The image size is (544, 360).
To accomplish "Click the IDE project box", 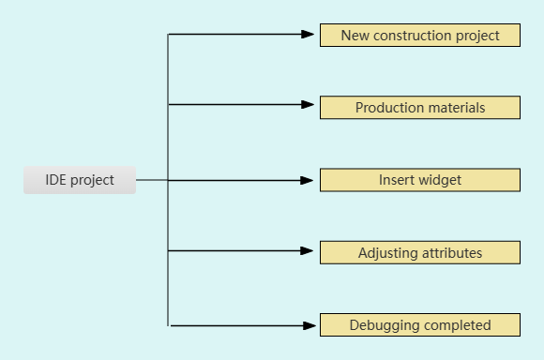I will [80, 180].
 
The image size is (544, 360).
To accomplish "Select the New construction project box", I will [419, 36].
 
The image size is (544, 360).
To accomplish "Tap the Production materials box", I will [419, 108].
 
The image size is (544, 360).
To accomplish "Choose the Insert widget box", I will [419, 180].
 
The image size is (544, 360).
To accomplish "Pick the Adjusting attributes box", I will [419, 253].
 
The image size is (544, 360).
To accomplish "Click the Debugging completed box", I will [419, 325].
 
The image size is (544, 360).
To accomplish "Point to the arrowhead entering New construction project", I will [308, 34].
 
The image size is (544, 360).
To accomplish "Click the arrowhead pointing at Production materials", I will [308, 105].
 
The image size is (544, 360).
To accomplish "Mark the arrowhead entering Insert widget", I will [308, 179].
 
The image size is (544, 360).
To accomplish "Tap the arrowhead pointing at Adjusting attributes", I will [308, 251].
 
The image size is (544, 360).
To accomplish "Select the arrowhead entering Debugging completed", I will [308, 326].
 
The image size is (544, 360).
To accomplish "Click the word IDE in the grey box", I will [55, 180].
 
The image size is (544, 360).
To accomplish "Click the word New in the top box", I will [355, 36].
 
